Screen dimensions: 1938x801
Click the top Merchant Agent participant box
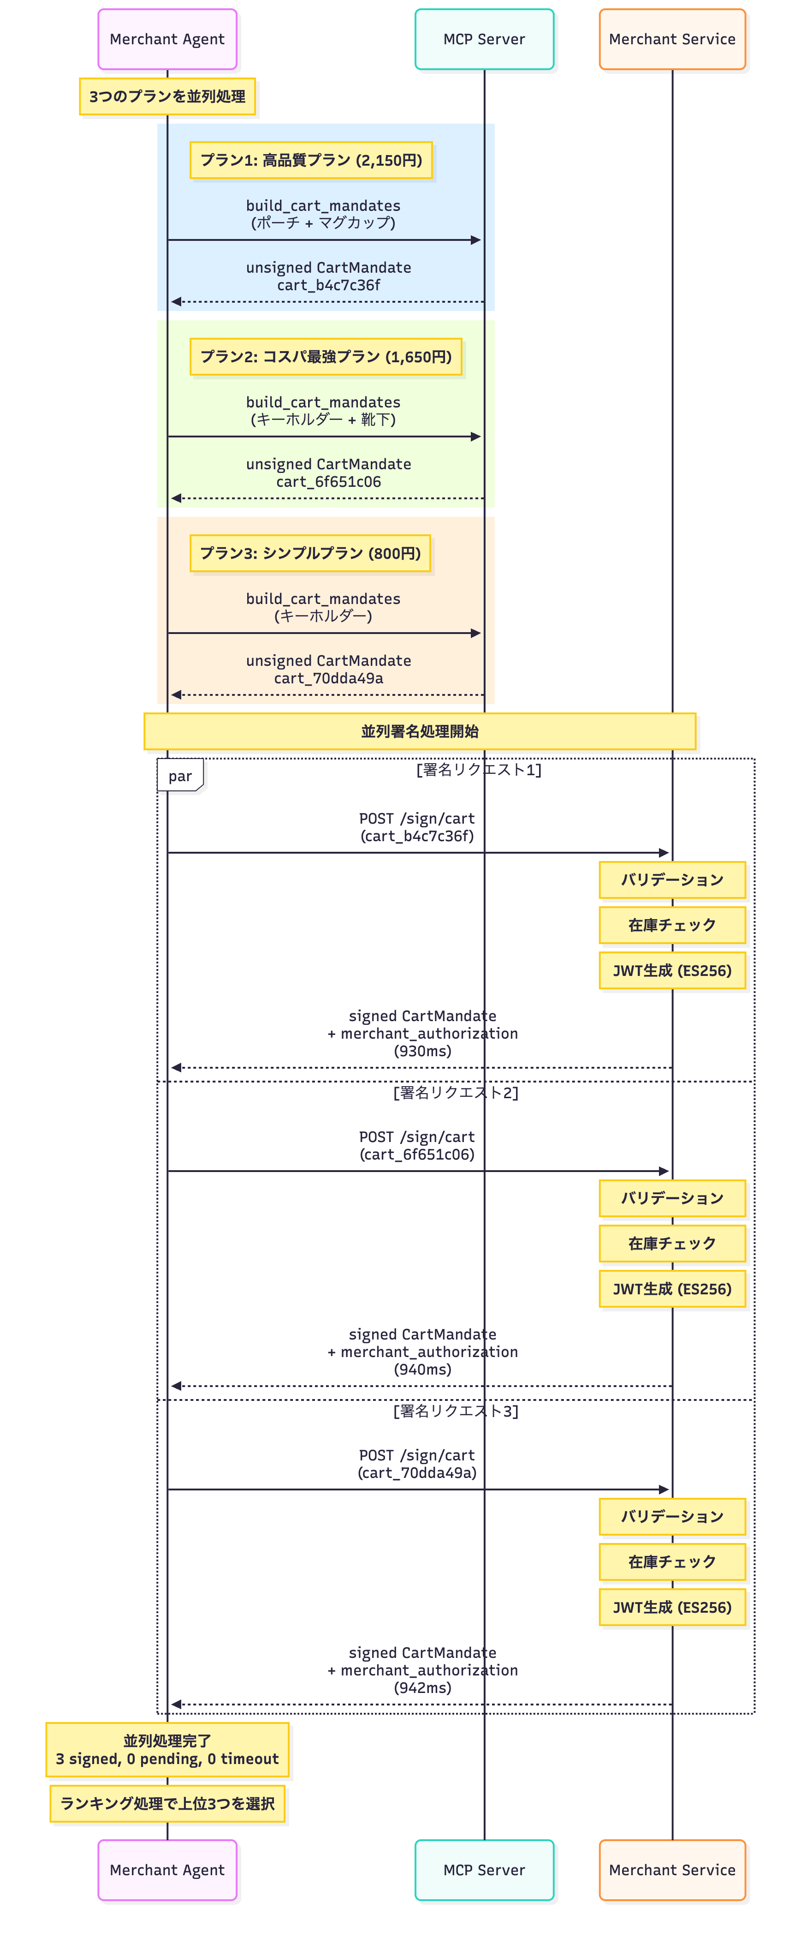(x=167, y=39)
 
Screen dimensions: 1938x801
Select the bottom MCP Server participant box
(x=484, y=1870)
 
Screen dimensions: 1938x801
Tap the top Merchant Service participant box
(x=671, y=39)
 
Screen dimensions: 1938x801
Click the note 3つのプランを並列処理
(x=167, y=96)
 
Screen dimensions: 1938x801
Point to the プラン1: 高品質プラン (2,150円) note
(x=311, y=160)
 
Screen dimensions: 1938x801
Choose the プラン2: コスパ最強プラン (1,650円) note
(x=326, y=357)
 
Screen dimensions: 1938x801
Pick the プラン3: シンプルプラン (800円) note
(x=310, y=553)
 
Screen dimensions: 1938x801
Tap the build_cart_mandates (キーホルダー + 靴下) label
(x=323, y=411)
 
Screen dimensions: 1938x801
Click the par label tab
(x=180, y=776)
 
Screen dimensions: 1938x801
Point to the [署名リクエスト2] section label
(x=456, y=1092)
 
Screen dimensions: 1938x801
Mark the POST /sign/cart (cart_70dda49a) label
(x=417, y=1464)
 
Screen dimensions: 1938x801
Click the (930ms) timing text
(x=423, y=1051)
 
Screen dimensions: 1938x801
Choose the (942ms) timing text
(x=423, y=1687)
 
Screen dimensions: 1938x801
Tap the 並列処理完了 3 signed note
(x=167, y=1750)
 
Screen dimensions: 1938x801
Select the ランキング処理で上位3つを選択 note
(x=167, y=1803)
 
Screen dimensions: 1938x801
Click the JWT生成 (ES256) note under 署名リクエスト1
(x=671, y=970)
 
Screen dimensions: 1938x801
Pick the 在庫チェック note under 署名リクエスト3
(x=671, y=1562)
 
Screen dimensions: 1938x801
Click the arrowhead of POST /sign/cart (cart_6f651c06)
(x=664, y=1171)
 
